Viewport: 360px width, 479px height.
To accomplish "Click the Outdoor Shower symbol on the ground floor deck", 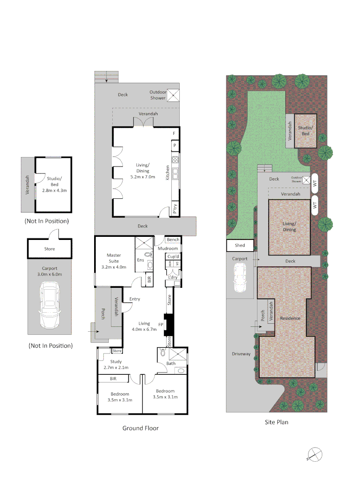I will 173,95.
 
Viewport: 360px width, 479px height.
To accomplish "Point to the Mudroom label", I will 168,248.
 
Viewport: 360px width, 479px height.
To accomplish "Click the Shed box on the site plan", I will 240,245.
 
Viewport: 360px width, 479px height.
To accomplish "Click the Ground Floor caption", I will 140,428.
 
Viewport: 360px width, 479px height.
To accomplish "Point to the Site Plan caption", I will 274,422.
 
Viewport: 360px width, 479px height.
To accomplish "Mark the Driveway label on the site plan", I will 241,354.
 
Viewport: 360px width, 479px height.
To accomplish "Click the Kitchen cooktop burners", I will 175,160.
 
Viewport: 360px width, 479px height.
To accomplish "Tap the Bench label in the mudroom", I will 173,240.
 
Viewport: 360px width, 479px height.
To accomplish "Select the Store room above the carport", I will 49,249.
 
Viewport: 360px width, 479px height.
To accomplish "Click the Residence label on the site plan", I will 290,318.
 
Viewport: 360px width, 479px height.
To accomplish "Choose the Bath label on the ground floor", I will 171,363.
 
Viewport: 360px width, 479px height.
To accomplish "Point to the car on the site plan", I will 240,278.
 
